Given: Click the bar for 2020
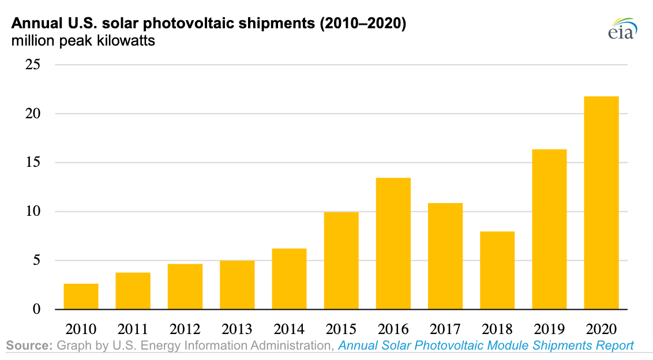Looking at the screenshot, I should (x=601, y=202).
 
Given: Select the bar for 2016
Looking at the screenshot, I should (x=393, y=243).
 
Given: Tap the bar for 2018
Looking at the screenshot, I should (x=497, y=270).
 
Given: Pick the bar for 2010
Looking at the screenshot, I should (x=81, y=296).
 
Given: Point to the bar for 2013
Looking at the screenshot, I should (x=237, y=284).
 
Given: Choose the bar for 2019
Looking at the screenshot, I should (x=549, y=229).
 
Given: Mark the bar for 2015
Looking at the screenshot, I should (x=341, y=260).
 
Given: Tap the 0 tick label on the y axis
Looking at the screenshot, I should (x=36, y=309).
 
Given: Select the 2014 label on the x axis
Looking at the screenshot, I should (x=289, y=329).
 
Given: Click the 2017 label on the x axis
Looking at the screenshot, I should (x=445, y=329).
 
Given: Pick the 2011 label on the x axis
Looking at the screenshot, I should (x=133, y=329).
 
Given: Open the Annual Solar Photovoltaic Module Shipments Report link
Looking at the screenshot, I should (x=486, y=346).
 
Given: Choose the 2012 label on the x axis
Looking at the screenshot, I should (x=185, y=329).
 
